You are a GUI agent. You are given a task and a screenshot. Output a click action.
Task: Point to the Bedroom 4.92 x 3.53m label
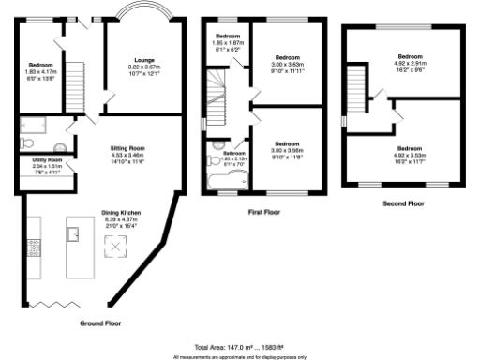(410, 153)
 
